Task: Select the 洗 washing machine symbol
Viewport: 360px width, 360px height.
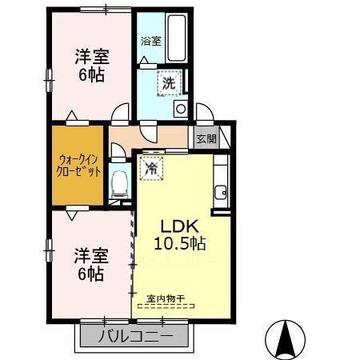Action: (170, 82)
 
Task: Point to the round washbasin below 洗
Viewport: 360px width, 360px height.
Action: (181, 108)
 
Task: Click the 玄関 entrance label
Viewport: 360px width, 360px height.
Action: (206, 138)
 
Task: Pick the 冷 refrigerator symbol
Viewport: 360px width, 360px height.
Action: (150, 169)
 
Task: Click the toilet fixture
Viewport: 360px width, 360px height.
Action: (119, 183)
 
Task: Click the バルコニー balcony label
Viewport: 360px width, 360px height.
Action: (136, 337)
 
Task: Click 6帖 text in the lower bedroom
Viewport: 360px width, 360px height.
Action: (90, 274)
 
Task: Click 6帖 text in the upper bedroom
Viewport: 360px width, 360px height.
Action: (91, 75)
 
